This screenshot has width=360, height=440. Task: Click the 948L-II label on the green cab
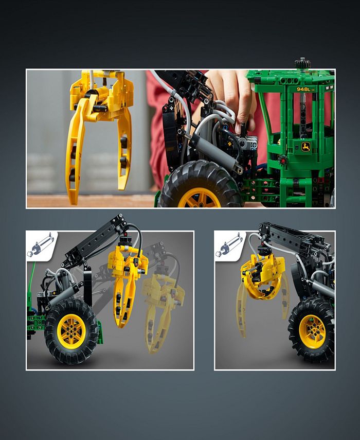point(306,90)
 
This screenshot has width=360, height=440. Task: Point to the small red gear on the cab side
point(282,160)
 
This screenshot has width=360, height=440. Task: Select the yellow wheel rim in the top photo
point(199,198)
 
